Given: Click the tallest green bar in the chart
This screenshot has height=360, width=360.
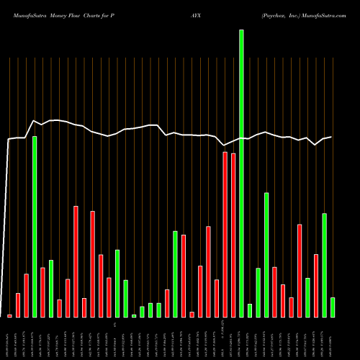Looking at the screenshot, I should (241, 173).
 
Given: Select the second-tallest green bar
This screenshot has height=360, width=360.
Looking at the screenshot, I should (35, 227).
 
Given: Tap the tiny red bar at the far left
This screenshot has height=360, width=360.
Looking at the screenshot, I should (9, 315).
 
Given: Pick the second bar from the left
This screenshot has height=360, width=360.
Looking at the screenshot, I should (18, 305).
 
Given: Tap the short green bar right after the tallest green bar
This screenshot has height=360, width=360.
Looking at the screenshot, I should (250, 310).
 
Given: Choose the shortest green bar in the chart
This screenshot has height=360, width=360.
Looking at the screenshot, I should (134, 315).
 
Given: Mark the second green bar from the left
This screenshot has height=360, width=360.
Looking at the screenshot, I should (51, 288).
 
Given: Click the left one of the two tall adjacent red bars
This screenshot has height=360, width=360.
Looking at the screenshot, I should (225, 235).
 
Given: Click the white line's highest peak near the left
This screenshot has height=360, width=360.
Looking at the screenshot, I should (34, 120).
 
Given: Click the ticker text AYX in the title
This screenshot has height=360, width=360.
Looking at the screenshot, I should (196, 6).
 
